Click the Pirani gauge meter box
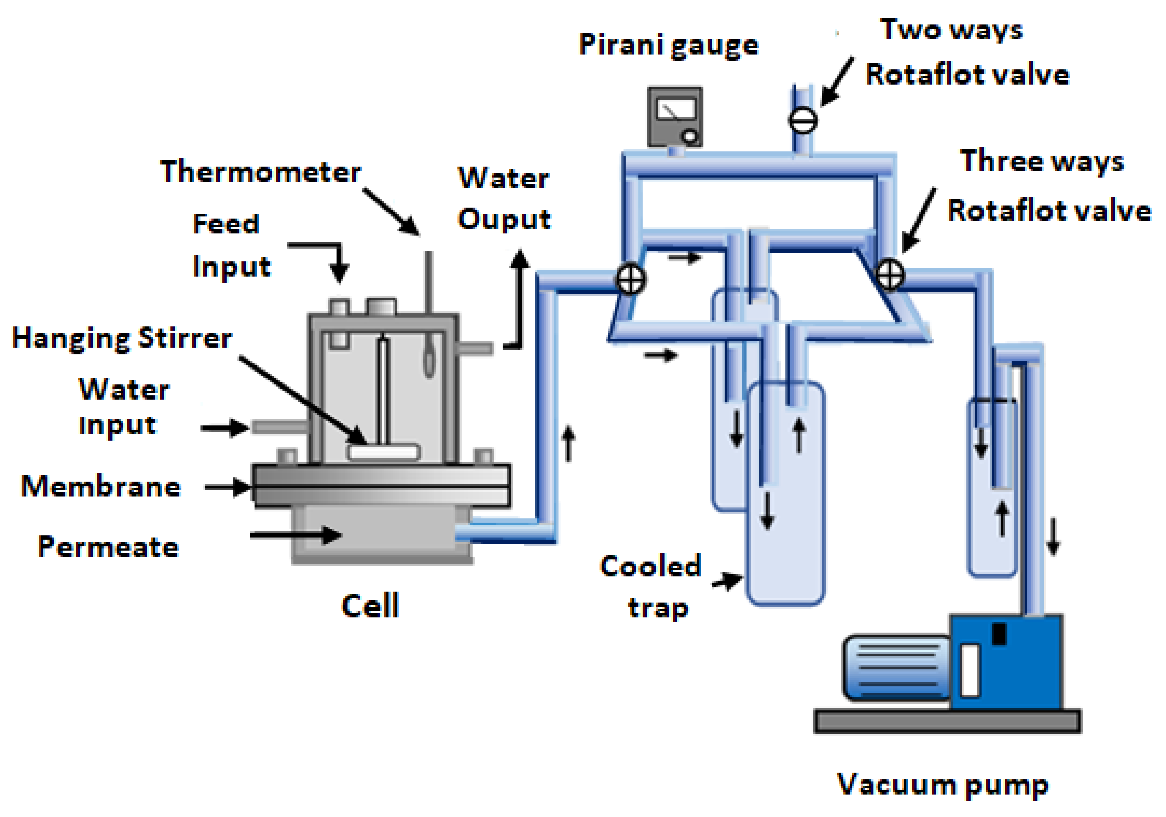pyautogui.click(x=675, y=117)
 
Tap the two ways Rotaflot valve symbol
pyautogui.click(x=802, y=121)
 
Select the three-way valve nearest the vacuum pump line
pyautogui.click(x=890, y=274)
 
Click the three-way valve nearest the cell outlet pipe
pyautogui.click(x=630, y=279)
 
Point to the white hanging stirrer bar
pyautogui.click(x=383, y=451)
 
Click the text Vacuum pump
pyautogui.click(x=943, y=784)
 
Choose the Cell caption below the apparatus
pyautogui.click(x=370, y=606)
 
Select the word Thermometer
pyautogui.click(x=260, y=172)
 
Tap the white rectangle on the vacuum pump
pyautogui.click(x=970, y=671)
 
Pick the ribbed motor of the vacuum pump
pyautogui.click(x=897, y=667)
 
